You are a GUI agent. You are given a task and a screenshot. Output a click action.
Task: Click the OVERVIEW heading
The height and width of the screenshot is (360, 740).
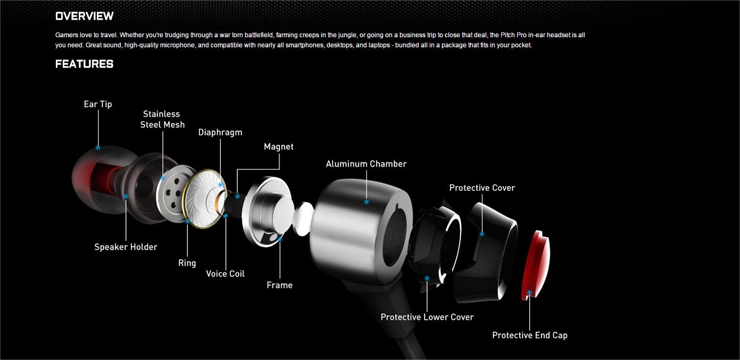point(84,16)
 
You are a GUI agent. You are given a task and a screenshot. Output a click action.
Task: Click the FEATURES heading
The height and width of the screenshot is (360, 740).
point(84,64)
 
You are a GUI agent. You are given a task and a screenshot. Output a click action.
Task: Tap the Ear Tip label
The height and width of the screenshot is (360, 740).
point(98,104)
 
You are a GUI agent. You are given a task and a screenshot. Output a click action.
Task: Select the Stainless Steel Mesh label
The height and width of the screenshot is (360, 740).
point(162,119)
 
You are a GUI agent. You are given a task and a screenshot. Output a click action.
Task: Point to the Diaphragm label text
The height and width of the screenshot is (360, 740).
point(220,132)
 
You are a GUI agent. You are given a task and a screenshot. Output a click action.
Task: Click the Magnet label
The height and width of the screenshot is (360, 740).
point(278,146)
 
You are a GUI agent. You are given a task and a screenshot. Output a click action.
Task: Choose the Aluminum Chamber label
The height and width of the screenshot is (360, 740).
point(366,164)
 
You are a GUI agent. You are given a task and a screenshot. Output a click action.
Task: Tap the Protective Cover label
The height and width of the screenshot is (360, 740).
point(482,188)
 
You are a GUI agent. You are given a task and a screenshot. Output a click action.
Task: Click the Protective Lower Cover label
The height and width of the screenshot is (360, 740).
point(427,317)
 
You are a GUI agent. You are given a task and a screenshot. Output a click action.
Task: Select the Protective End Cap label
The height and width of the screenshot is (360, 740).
point(530,335)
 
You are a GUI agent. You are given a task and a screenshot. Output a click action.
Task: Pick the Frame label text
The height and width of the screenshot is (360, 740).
point(279,285)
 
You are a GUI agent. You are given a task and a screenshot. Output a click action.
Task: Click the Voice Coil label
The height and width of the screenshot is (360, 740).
point(226,273)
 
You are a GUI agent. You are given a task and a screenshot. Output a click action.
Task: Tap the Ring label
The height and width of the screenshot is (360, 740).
point(187,263)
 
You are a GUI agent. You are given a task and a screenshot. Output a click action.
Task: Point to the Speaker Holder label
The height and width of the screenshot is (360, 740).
point(126,247)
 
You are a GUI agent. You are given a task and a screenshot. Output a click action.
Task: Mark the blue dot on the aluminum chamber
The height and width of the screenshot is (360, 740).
point(367,202)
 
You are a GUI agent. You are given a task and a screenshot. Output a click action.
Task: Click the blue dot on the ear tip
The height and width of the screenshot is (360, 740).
point(98,147)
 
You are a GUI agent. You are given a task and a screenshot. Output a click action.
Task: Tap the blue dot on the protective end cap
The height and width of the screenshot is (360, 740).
point(529,292)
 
